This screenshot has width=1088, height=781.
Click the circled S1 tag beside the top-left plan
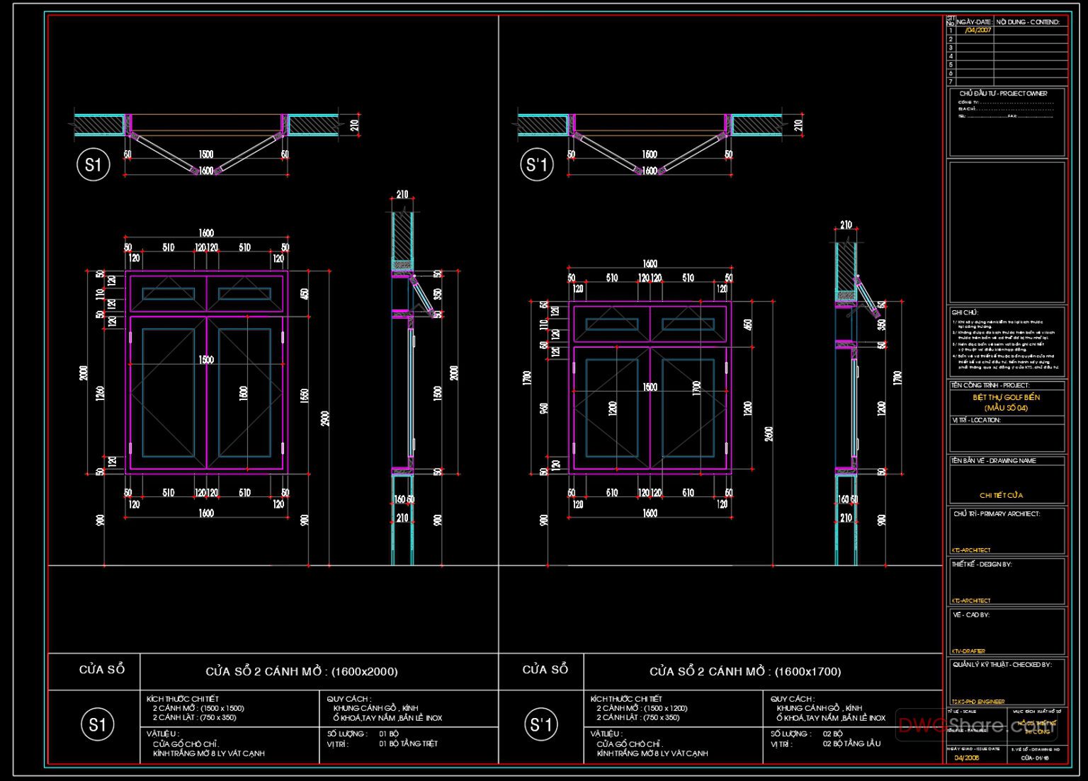(93, 165)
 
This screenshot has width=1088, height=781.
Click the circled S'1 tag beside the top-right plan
(537, 165)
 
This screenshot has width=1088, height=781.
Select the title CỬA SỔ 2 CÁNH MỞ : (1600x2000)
(302, 671)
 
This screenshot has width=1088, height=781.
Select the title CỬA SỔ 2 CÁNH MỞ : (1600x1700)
(745, 671)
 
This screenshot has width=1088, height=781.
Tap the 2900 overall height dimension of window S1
(325, 418)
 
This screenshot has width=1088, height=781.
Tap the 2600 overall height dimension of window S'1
(769, 433)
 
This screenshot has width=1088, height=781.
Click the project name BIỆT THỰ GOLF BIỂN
(1006, 397)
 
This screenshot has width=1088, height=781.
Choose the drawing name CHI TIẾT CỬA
(1001, 495)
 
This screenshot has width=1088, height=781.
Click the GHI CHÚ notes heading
(965, 312)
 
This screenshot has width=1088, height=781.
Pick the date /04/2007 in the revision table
(977, 30)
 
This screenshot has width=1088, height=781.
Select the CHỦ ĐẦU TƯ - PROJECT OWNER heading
(1003, 93)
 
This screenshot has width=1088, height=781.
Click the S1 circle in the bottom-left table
(97, 725)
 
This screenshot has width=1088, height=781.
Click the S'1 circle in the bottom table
(541, 725)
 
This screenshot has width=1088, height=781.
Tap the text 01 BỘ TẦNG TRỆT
(408, 743)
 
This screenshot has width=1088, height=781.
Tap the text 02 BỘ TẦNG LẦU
(851, 743)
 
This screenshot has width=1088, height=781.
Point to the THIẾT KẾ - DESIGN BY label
(982, 564)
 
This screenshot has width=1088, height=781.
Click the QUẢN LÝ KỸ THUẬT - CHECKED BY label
(1002, 664)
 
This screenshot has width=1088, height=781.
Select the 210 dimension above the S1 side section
(402, 195)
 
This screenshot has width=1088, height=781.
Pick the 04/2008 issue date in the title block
(967, 758)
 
